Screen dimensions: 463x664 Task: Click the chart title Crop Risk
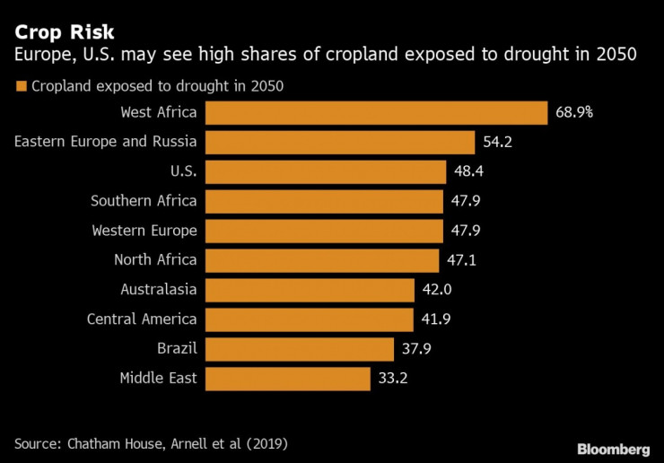point(58,32)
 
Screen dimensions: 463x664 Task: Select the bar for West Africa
point(376,112)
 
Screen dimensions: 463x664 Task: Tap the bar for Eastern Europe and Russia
point(340,142)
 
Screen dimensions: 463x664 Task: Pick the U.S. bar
point(326,171)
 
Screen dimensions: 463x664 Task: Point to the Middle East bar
point(287,379)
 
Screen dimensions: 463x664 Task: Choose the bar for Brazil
point(300,349)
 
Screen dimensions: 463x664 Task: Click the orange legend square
point(20,87)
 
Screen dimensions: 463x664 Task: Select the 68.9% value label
point(574,112)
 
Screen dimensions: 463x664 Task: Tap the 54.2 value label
point(498,142)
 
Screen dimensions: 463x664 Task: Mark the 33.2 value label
point(393,379)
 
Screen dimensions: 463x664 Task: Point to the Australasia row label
point(158,290)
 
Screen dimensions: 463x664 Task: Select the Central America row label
point(142,319)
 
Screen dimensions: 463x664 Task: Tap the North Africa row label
point(155,260)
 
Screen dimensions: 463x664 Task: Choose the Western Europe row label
point(144,231)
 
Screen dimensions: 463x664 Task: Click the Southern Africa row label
point(144,201)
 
